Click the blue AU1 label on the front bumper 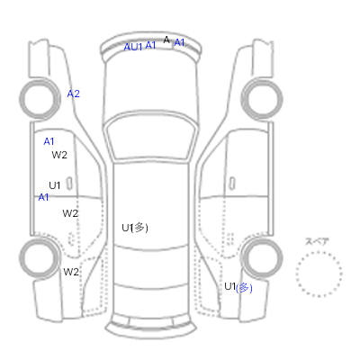point(133,47)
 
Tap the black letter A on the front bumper point(166,40)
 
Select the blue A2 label point(73,94)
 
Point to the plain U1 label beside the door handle point(55,185)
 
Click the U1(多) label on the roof point(135,228)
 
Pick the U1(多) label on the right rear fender point(238,287)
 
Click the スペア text point(317,241)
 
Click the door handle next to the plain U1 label point(69,184)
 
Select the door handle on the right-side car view point(232,184)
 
